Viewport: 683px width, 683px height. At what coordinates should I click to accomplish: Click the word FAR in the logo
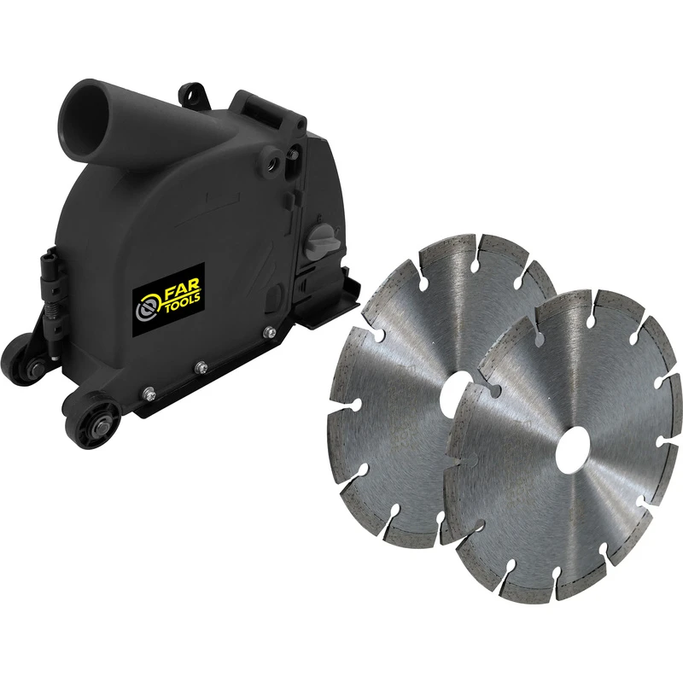coord(174,284)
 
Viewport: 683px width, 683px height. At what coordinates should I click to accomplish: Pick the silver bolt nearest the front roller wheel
coord(149,393)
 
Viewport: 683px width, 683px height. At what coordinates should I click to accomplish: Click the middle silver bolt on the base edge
coord(202,368)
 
